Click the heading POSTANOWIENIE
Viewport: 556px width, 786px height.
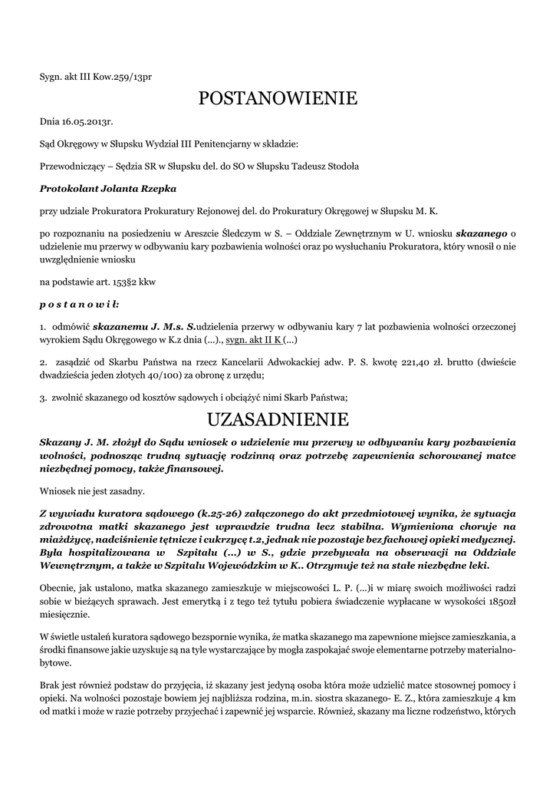[278, 98]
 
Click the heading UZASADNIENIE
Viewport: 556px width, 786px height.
[278, 420]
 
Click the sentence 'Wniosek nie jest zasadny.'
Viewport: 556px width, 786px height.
[90, 490]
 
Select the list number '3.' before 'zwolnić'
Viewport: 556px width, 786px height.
[44, 398]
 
